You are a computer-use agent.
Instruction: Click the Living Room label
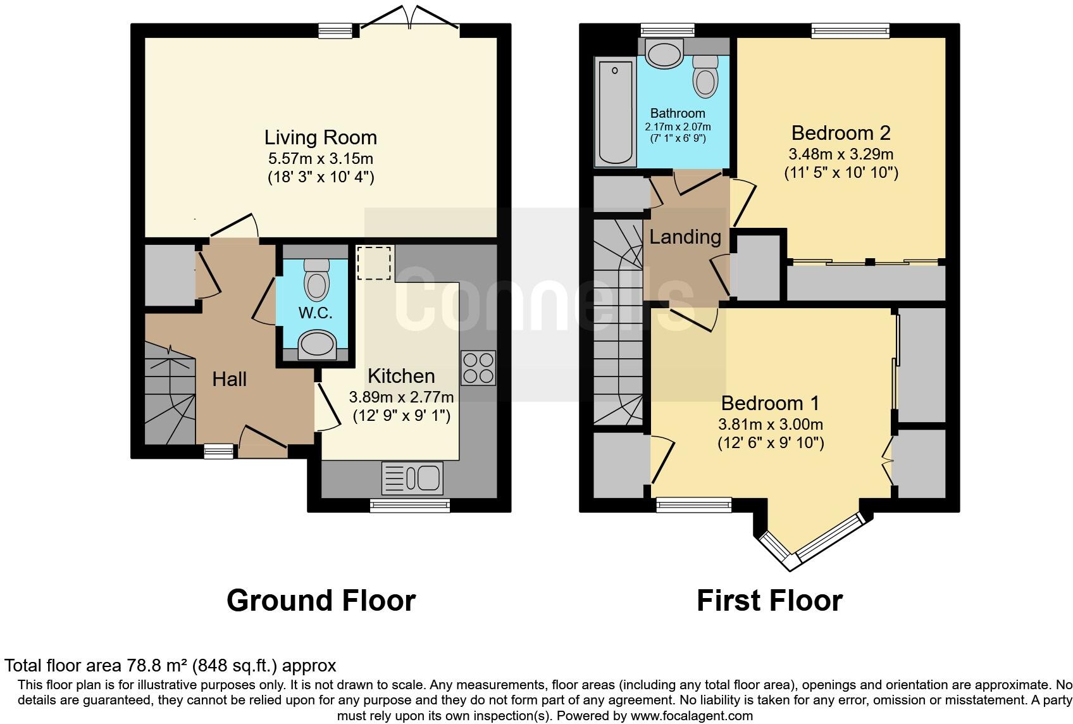tap(320, 137)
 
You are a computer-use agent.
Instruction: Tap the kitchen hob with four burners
tap(478, 368)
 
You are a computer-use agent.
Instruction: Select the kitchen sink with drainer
tap(412, 478)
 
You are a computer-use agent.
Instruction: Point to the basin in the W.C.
tap(316, 345)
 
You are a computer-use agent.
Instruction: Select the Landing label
tap(685, 237)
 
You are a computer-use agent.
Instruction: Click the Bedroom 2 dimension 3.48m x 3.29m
tap(841, 154)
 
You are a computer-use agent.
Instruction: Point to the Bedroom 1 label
tap(770, 403)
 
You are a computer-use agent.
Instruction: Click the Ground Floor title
tap(321, 600)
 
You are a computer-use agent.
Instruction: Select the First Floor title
tap(769, 600)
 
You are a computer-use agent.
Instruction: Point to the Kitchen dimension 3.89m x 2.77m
tap(401, 397)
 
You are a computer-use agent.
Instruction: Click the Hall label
tap(229, 379)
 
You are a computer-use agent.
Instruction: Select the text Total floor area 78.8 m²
tap(96, 666)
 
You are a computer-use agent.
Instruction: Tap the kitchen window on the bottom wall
tap(410, 505)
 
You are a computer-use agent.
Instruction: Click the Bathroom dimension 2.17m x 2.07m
tap(678, 127)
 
